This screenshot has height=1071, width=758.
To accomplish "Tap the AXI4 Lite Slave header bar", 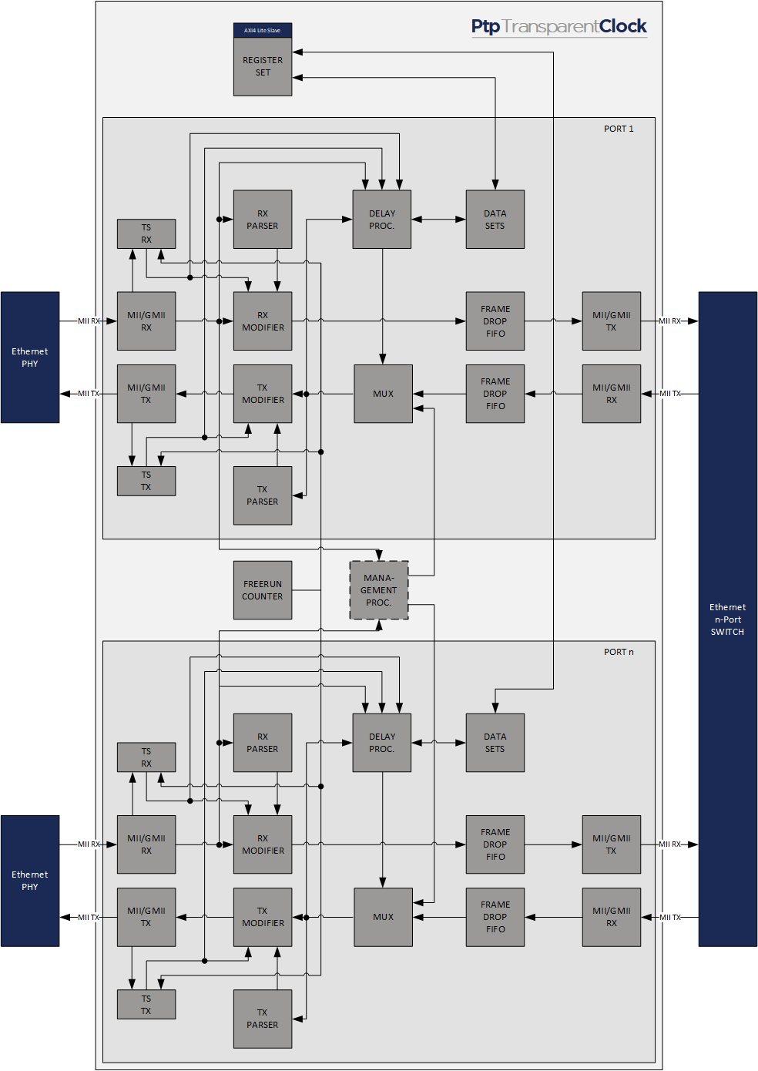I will (263, 30).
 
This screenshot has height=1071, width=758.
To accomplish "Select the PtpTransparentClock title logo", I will (558, 26).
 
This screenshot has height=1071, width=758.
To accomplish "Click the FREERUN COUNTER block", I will (263, 590).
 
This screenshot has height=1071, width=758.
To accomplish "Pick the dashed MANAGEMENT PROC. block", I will (379, 590).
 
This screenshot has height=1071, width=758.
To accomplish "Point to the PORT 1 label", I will (619, 129).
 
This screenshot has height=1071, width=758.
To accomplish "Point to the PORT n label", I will (619, 652).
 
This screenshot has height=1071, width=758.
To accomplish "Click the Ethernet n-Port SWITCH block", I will (727, 619).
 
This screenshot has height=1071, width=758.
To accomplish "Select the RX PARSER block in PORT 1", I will (263, 220).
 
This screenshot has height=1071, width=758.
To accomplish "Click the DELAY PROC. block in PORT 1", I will (381, 220).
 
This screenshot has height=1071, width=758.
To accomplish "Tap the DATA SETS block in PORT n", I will (495, 743).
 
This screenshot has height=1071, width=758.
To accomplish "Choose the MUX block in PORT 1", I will (383, 394).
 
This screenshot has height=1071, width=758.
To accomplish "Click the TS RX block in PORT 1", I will (146, 233).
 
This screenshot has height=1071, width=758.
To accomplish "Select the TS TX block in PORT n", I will (146, 1005).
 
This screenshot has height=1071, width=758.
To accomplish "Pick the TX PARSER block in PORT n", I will (263, 1019).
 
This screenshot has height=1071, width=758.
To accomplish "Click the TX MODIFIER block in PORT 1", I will (263, 394).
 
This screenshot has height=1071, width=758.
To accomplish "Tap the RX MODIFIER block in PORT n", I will (263, 844).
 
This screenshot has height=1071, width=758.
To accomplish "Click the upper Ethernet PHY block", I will (30, 358).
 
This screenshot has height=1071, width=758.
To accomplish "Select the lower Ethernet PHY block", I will (30, 881).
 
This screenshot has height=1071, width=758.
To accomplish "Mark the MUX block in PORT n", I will (383, 917).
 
